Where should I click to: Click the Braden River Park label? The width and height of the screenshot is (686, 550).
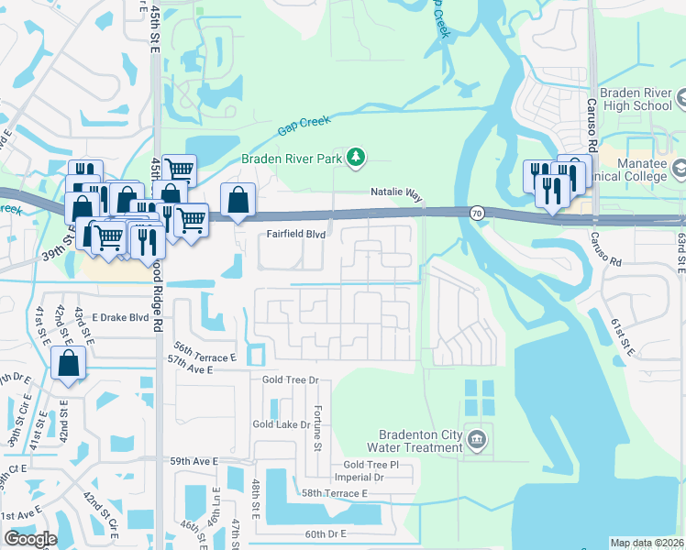(x=291, y=159)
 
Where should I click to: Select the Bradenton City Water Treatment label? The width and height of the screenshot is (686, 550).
(x=415, y=441)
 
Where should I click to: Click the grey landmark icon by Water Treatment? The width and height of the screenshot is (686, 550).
(x=477, y=441)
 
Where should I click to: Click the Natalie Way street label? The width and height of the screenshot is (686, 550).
(x=396, y=194)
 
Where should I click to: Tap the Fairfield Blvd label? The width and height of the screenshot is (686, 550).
(x=296, y=235)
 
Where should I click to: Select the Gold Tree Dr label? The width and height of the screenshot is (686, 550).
(x=290, y=379)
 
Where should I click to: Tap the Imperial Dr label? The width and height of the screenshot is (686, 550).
(x=360, y=478)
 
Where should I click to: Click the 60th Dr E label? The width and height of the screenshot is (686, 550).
(x=326, y=533)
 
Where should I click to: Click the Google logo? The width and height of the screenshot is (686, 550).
(x=29, y=539)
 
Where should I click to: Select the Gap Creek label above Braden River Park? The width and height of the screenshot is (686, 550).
(x=303, y=126)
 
